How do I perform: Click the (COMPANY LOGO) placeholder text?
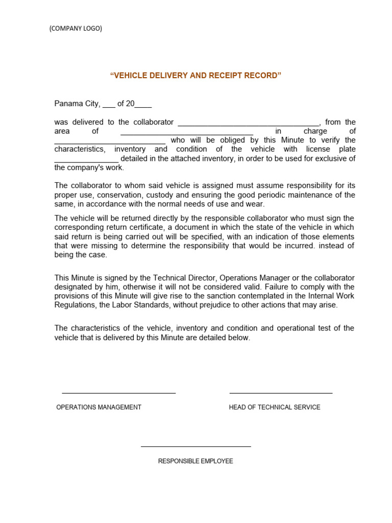76,29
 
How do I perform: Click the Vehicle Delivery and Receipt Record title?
195,76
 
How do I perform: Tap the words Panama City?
77,104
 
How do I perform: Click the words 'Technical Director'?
186,278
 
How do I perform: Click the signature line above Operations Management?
118,393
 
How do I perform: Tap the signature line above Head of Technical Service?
281,393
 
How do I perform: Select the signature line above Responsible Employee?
195,446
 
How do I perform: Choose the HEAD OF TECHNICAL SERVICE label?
275,407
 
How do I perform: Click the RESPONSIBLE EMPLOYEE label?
195,461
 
